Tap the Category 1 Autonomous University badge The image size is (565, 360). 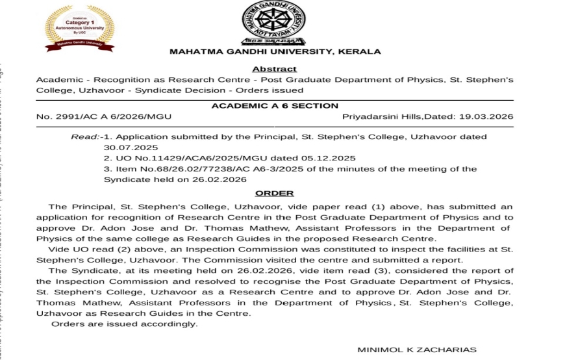(79, 27)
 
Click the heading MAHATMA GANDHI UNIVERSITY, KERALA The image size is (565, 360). (275, 51)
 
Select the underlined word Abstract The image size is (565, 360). (274, 69)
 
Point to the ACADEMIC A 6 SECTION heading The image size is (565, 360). (275, 105)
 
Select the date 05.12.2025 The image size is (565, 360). (329, 158)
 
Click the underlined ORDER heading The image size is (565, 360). (274, 193)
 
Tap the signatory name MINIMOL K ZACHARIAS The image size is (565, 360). (417, 350)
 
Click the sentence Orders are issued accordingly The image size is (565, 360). (125, 324)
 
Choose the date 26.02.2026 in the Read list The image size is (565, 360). (218, 179)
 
